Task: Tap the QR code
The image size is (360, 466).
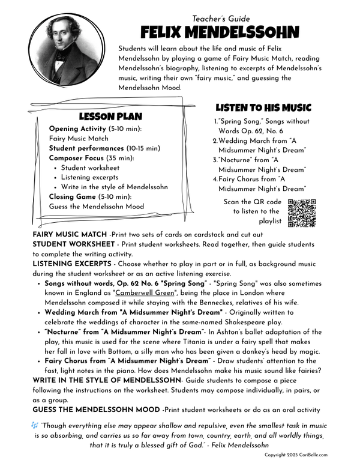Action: [302, 213]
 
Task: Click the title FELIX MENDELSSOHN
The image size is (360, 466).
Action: [220, 32]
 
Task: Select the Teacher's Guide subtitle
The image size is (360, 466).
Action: [220, 19]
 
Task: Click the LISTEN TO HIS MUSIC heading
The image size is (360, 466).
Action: [263, 108]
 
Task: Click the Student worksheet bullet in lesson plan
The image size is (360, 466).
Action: [91, 168]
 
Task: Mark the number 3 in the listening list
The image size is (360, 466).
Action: [215, 160]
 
